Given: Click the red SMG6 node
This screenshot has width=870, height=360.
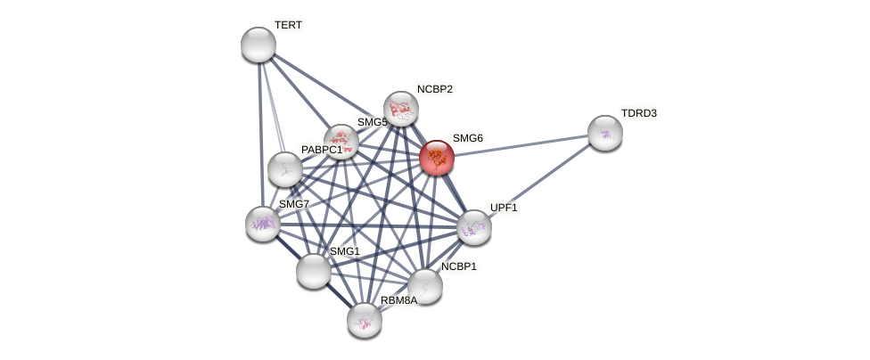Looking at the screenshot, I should coord(437,158).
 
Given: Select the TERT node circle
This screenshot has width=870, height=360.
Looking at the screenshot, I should coord(259,45).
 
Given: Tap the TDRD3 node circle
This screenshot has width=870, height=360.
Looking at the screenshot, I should coord(605,133).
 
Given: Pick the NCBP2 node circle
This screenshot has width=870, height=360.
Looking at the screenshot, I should coord(401,109).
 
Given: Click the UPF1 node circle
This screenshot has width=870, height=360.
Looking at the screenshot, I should coord(474,227).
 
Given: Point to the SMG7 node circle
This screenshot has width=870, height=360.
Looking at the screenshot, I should coord(263,224).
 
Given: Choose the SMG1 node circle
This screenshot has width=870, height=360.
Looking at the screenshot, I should coord(314,271).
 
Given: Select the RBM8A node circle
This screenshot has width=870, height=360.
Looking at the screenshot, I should coord(365,320).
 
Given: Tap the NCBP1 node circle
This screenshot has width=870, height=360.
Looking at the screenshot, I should coord(425,286).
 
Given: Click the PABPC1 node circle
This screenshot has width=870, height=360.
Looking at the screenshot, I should coord(285,169).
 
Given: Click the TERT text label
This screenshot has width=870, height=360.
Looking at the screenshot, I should coord(288,25).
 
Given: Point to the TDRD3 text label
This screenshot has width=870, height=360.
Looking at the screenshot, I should coord(638,113).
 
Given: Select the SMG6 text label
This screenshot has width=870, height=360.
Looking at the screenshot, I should coord(467,138).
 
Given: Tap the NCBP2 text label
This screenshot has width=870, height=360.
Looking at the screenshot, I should coord(434,89).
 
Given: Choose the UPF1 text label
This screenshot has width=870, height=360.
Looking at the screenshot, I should coord(504,208).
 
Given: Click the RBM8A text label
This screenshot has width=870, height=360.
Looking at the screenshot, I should coord(398,300).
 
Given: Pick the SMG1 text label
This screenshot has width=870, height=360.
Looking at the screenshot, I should coord(345,251).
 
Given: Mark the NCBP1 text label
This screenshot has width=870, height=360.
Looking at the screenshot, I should coord(458,266).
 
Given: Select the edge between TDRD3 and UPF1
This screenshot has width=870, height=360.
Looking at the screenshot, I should coord(540,180).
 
